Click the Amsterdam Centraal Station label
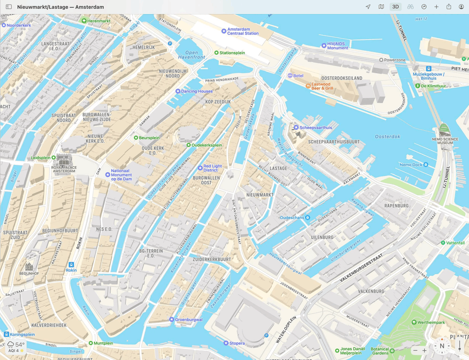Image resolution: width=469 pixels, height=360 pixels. [x=243, y=31]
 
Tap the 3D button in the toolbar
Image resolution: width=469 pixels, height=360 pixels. [x=395, y=7]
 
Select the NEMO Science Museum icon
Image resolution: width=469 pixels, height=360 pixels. [x=444, y=129]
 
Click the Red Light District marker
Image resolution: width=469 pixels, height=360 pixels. [x=200, y=168]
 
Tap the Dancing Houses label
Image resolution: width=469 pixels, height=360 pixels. [x=197, y=91]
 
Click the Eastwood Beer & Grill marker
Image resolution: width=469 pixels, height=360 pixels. [x=308, y=85]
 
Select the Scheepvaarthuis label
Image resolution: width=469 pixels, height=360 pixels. [x=316, y=128]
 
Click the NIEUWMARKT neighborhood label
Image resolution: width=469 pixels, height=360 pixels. [x=260, y=195]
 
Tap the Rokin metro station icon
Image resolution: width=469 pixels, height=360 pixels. [x=71, y=265]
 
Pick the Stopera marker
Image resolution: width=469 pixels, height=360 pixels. [x=226, y=343]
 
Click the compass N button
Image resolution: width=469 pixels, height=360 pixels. [x=442, y=346]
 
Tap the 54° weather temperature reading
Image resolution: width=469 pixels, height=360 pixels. [x=20, y=345]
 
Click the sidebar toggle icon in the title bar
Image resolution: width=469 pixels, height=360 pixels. [x=9, y=7]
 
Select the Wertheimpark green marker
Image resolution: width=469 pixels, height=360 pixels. [x=414, y=323]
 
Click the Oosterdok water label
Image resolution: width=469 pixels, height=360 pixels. [x=388, y=136]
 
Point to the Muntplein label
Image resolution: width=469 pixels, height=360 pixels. [x=103, y=343]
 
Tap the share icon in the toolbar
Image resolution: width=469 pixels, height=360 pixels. [x=449, y=7]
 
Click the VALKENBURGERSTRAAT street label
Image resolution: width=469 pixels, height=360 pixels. [x=361, y=267]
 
